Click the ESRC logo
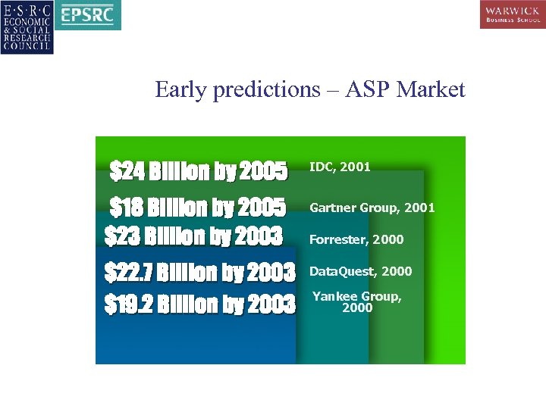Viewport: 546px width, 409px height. [27, 27]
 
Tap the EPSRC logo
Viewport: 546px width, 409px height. [89, 14]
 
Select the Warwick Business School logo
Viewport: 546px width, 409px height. [512, 14]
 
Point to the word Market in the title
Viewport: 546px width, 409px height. [430, 90]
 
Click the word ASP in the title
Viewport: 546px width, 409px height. [367, 90]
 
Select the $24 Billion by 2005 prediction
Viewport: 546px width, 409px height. [199, 172]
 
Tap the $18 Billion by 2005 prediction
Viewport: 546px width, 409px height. [198, 207]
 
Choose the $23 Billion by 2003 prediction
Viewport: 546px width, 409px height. [193, 236]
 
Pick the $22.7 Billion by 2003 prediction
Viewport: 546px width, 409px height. [199, 271]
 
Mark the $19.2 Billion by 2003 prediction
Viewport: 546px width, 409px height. [199, 304]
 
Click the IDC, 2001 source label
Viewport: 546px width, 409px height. [340, 167]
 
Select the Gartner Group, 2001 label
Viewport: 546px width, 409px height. [372, 207]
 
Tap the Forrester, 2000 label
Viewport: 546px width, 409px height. [356, 239]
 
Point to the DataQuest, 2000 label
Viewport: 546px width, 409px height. [361, 271]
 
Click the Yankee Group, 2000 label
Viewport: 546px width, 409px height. [357, 301]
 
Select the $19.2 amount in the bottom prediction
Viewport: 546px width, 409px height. [128, 304]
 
